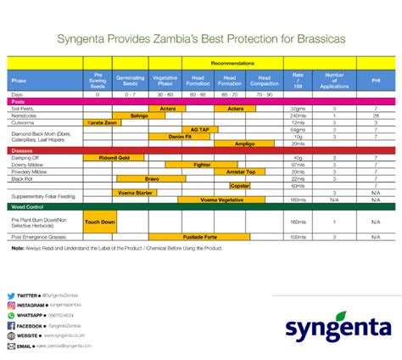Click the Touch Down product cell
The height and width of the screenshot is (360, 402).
[x=100, y=222]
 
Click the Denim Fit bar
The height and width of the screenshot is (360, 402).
[x=180, y=136]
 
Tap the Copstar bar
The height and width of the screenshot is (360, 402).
[x=240, y=185]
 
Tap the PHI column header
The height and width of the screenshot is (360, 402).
[x=375, y=81]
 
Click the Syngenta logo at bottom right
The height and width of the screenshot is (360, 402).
[x=338, y=329]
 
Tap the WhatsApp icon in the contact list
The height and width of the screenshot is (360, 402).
[x=11, y=315]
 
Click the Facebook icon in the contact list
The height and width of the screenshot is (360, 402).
[x=11, y=325]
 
